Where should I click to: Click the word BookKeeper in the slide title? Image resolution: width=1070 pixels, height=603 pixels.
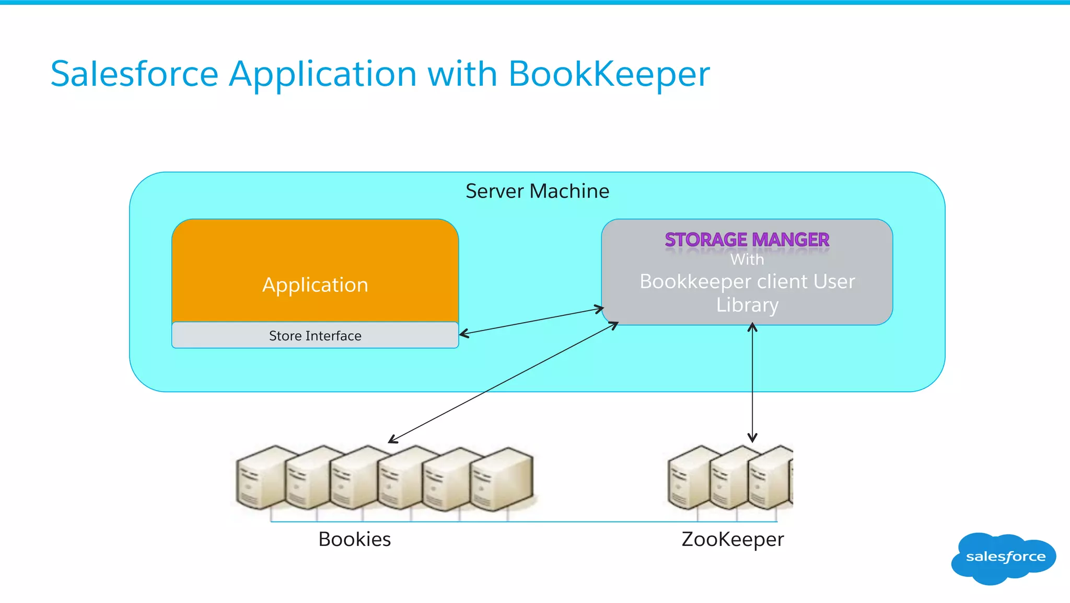tap(609, 74)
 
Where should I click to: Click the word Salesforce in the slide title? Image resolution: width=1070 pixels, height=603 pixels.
tap(134, 74)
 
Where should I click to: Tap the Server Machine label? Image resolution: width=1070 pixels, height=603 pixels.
tap(537, 191)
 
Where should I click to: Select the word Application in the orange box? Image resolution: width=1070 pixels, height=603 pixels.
tap(315, 285)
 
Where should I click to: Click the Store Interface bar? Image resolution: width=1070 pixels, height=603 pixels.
tap(315, 335)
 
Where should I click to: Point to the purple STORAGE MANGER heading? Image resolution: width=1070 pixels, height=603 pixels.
tap(747, 240)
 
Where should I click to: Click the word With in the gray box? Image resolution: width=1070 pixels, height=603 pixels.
tap(747, 259)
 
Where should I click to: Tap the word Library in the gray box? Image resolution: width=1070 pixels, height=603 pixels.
tap(747, 305)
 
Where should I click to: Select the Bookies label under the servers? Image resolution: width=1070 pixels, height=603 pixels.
tap(354, 539)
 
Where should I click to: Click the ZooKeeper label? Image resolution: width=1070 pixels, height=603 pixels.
tap(732, 539)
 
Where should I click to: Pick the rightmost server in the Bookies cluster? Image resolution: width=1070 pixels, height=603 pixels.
tap(502, 479)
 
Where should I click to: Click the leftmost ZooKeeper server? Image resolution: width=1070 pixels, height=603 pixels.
tap(689, 477)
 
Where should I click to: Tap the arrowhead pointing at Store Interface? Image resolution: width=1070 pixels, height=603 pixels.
tap(463, 333)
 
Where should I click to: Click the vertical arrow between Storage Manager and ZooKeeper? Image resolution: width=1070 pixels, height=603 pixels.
tap(752, 382)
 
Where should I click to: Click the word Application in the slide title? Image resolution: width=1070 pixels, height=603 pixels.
tap(323, 74)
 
